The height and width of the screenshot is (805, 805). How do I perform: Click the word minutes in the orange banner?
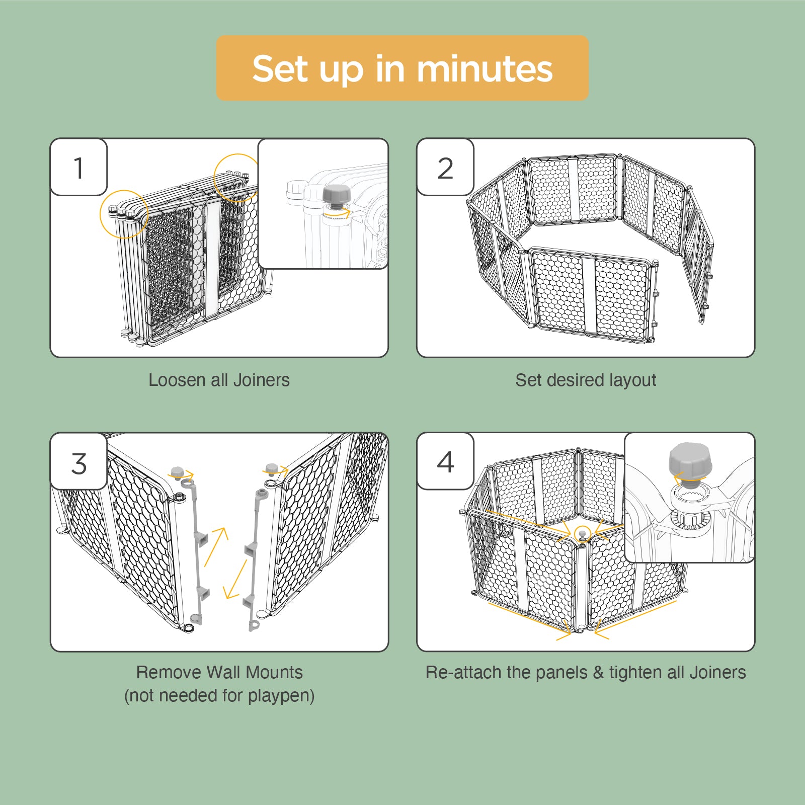485,68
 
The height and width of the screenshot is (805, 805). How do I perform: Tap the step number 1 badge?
78,167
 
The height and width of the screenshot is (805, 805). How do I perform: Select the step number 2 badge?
445,167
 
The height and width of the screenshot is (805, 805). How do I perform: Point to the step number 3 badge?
78,461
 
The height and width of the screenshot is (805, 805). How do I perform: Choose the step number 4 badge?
445,461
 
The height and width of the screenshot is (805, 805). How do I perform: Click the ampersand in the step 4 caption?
598,673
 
